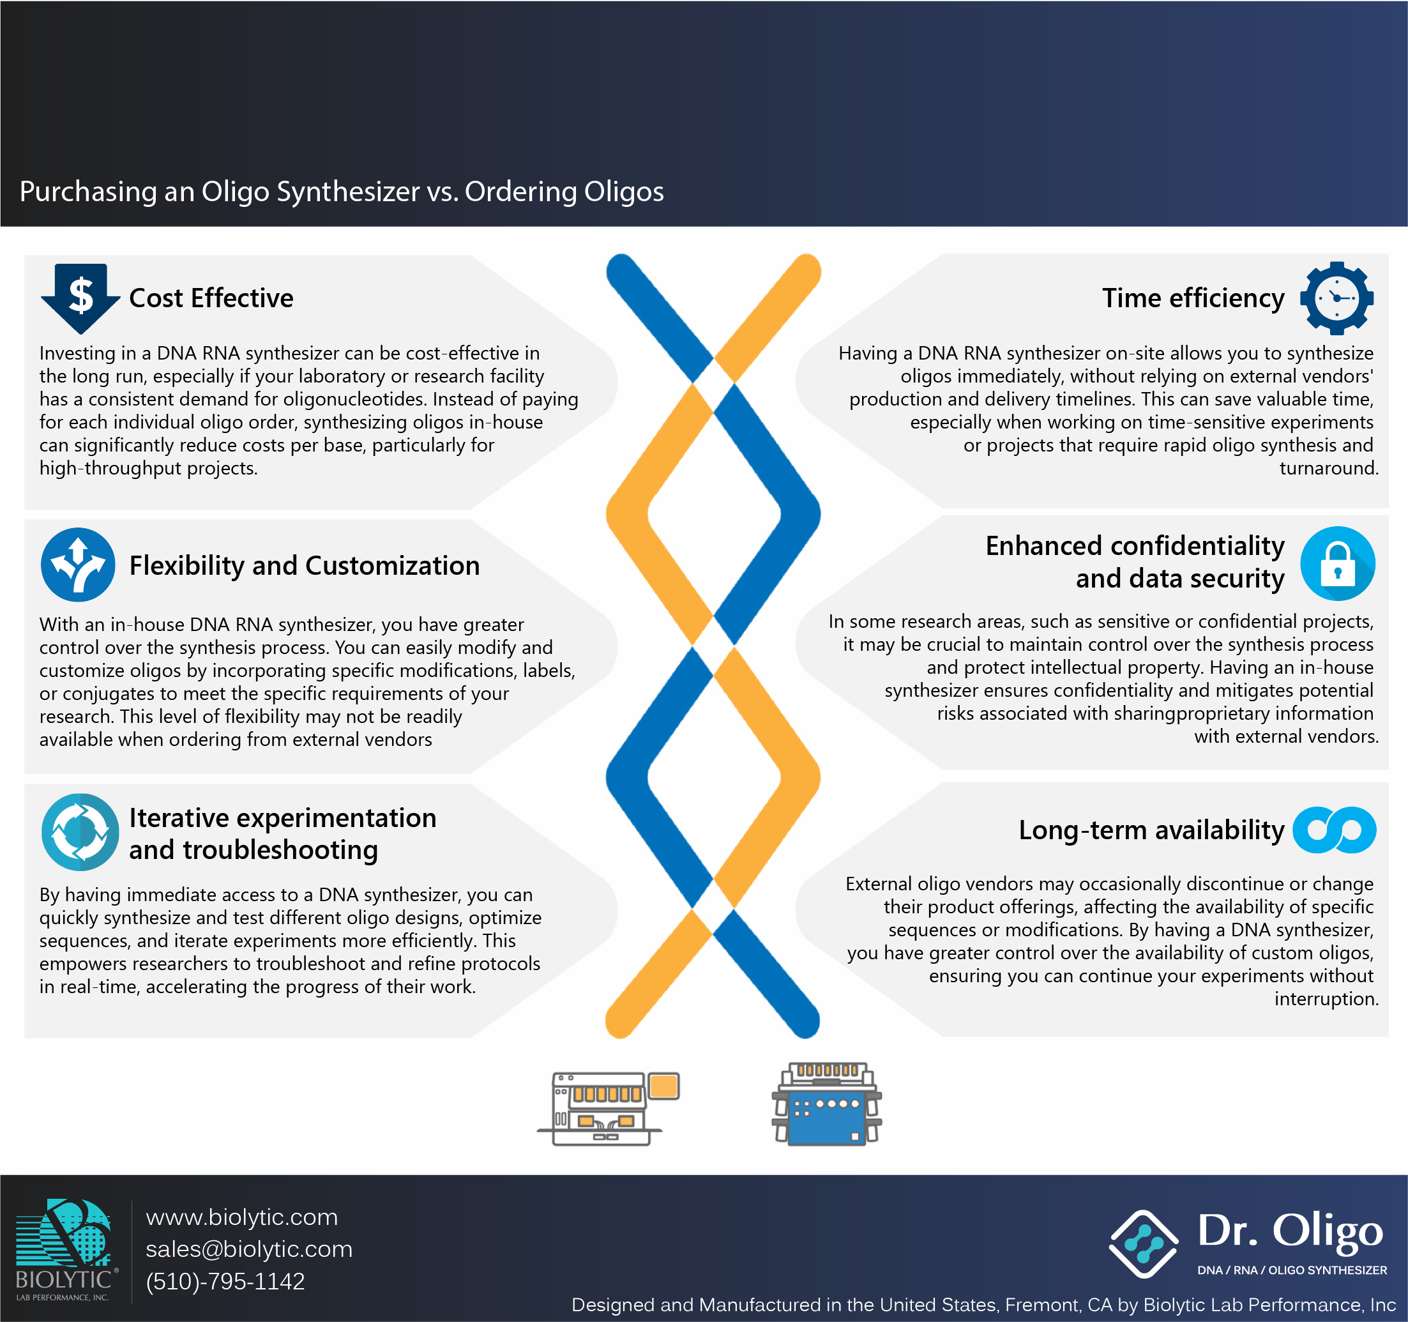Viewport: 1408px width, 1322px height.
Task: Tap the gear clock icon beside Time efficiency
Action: tap(1336, 298)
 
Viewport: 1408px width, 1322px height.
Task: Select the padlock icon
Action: tap(1337, 564)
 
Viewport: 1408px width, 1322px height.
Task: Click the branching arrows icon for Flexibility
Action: tap(78, 565)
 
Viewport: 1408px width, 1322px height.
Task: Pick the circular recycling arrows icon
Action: tap(80, 832)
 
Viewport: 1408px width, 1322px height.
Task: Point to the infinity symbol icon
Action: tap(1335, 830)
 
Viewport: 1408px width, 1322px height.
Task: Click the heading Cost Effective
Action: tap(211, 298)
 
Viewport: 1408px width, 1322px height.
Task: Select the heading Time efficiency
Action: tap(1193, 298)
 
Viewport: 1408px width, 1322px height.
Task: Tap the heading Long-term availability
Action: tap(1151, 830)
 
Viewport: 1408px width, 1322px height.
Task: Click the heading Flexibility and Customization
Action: tap(305, 565)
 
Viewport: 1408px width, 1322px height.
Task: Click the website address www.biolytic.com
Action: tap(241, 1217)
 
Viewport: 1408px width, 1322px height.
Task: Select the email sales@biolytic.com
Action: tap(248, 1249)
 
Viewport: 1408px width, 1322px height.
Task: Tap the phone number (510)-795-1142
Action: tap(225, 1281)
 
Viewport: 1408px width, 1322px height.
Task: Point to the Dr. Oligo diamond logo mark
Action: tap(1144, 1244)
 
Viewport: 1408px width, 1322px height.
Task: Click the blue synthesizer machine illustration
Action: tap(826, 1104)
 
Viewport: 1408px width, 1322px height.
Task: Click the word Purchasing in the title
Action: tap(89, 192)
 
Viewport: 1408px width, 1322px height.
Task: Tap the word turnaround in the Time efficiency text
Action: tap(1329, 468)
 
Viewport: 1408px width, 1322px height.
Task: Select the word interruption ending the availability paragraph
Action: tap(1326, 999)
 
